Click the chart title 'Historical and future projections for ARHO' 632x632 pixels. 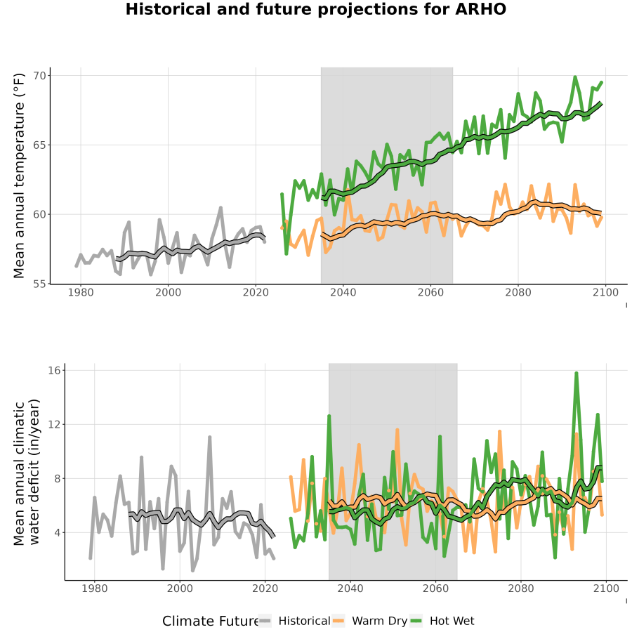(x=315, y=9)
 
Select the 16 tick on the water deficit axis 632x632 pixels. (x=54, y=370)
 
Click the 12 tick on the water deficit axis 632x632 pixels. (x=54, y=424)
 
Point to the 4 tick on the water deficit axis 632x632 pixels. (x=58, y=533)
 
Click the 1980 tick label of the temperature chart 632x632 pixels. (x=81, y=292)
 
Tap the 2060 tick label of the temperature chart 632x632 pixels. (x=430, y=292)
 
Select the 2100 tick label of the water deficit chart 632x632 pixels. (x=606, y=588)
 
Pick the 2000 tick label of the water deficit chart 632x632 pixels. (x=180, y=588)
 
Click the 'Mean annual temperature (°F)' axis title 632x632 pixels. (x=19, y=176)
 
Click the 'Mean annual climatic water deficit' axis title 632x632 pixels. (x=27, y=472)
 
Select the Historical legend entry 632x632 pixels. (x=294, y=621)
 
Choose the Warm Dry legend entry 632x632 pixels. (x=369, y=621)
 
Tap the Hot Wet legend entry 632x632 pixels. (x=442, y=621)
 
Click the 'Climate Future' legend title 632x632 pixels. (x=211, y=621)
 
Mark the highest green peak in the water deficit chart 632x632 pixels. (x=577, y=374)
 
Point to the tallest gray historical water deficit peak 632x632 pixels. (x=209, y=437)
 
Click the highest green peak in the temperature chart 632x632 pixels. (x=575, y=77)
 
